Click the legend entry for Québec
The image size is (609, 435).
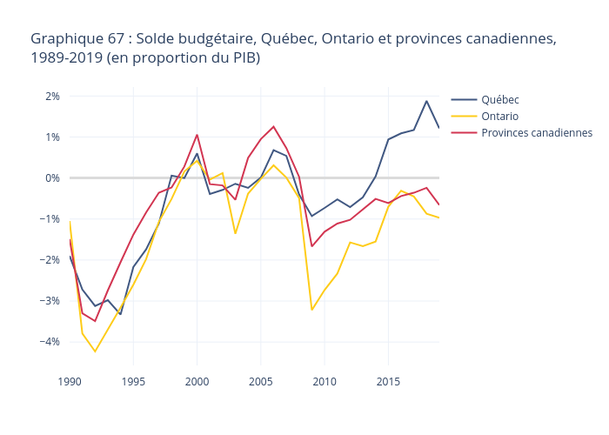point(500,99)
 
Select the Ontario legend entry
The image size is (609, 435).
point(500,116)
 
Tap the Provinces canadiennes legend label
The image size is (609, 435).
point(536,132)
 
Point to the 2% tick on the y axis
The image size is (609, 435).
point(52,96)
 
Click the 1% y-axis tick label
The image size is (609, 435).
point(52,137)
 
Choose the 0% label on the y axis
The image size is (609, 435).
point(52,177)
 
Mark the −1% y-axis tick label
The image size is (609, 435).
point(50,218)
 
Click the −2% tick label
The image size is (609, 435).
point(50,259)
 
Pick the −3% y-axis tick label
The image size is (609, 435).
point(50,300)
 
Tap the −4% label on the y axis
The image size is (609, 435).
point(50,341)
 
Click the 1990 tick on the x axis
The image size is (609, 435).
point(70,381)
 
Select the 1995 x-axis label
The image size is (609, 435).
point(133,381)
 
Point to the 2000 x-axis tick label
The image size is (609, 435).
point(197,381)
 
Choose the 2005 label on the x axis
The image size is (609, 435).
point(261,381)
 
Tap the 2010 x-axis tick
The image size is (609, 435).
point(325,381)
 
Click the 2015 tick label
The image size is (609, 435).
point(388,381)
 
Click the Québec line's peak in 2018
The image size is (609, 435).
point(426,101)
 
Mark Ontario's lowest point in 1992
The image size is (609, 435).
point(95,351)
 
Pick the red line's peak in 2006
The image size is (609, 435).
point(273,126)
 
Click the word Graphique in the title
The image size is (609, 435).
point(64,39)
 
